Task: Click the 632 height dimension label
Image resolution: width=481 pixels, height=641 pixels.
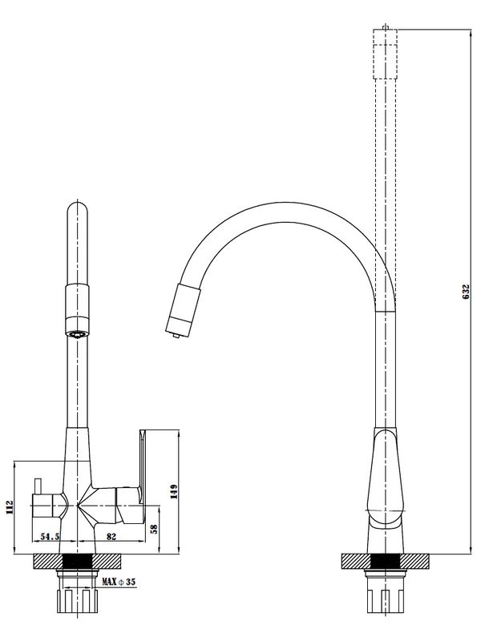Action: [466, 292]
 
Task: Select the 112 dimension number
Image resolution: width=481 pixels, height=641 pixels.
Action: [10, 508]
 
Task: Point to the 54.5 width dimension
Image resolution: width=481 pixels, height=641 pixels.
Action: [50, 536]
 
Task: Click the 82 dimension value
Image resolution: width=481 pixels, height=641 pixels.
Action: [111, 536]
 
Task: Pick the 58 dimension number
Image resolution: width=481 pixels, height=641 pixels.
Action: [154, 529]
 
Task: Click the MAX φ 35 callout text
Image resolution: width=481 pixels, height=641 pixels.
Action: [119, 582]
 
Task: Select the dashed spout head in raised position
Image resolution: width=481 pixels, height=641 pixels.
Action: [386, 53]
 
